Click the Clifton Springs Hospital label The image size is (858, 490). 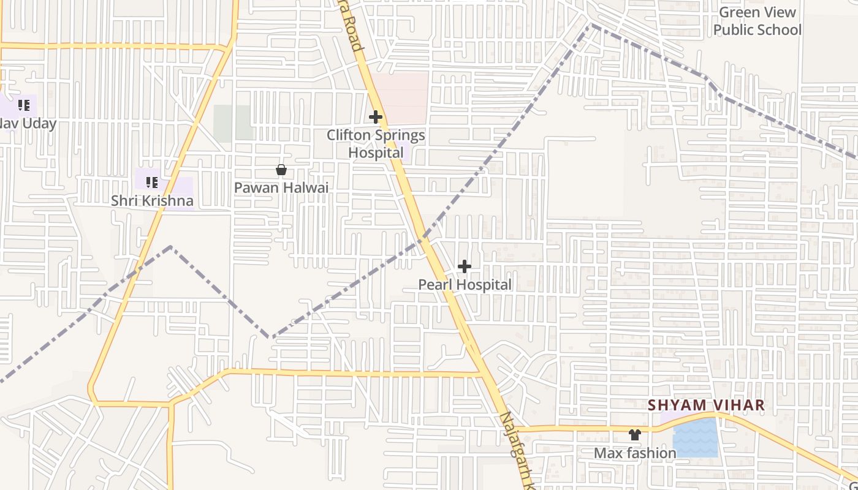[x=376, y=143]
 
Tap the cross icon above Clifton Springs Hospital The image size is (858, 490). [x=376, y=116]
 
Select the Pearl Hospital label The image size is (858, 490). [x=465, y=284]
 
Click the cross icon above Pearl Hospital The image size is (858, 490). [x=465, y=266]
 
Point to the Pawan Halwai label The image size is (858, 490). [x=281, y=187]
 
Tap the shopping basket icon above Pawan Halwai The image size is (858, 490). [x=281, y=170]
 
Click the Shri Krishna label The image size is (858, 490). [x=152, y=200]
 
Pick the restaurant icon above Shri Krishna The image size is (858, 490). [x=152, y=182]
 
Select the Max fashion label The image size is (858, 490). [x=635, y=453]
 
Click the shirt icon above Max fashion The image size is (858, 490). [x=635, y=435]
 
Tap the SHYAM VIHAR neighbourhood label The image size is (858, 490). [x=706, y=405]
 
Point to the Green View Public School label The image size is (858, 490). [x=757, y=21]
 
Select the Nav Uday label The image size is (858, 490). [x=28, y=123]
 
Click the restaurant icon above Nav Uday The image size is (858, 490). [x=24, y=105]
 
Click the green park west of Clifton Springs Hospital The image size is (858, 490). [x=233, y=123]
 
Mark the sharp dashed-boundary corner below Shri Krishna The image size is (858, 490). [x=171, y=247]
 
